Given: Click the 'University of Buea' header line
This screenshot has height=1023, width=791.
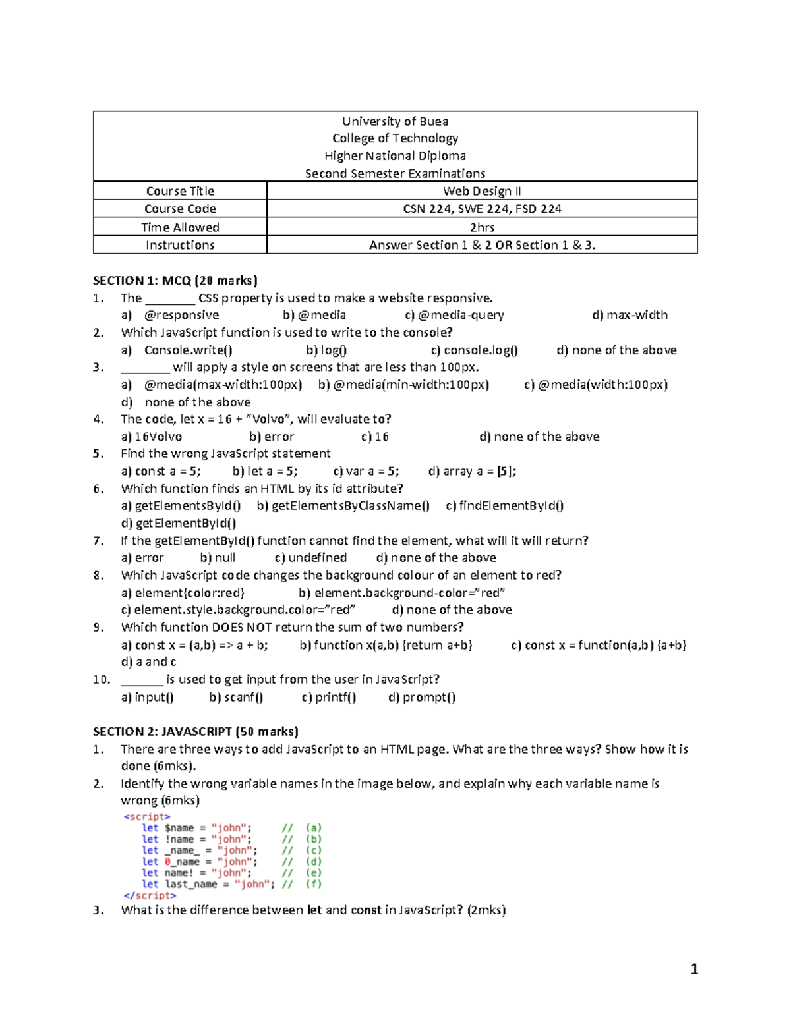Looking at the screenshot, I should pyautogui.click(x=395, y=121).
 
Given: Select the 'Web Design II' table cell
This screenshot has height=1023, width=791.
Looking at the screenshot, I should pyautogui.click(x=482, y=191).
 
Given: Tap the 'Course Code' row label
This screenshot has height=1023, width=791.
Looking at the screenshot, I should pyautogui.click(x=180, y=209).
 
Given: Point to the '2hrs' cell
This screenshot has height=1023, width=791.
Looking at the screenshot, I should pyautogui.click(x=482, y=227).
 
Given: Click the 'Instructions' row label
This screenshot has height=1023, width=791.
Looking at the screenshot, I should pyautogui.click(x=180, y=245).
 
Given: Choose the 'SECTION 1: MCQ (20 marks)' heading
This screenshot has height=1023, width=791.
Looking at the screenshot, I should pyautogui.click(x=175, y=281).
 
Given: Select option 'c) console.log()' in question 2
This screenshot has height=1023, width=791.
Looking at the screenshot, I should pyautogui.click(x=474, y=350).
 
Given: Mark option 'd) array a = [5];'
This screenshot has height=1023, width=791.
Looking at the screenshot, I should pyautogui.click(x=472, y=471).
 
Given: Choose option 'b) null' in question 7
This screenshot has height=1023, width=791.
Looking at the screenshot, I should pyautogui.click(x=218, y=558).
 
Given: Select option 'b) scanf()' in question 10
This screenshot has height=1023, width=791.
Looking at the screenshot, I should pyautogui.click(x=236, y=697).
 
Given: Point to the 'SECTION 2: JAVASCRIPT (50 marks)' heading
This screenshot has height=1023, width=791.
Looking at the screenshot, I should pyautogui.click(x=196, y=731).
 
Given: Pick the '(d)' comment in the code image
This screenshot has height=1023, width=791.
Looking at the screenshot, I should pyautogui.click(x=313, y=862).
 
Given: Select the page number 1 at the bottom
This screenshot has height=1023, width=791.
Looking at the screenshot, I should pyautogui.click(x=693, y=968).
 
